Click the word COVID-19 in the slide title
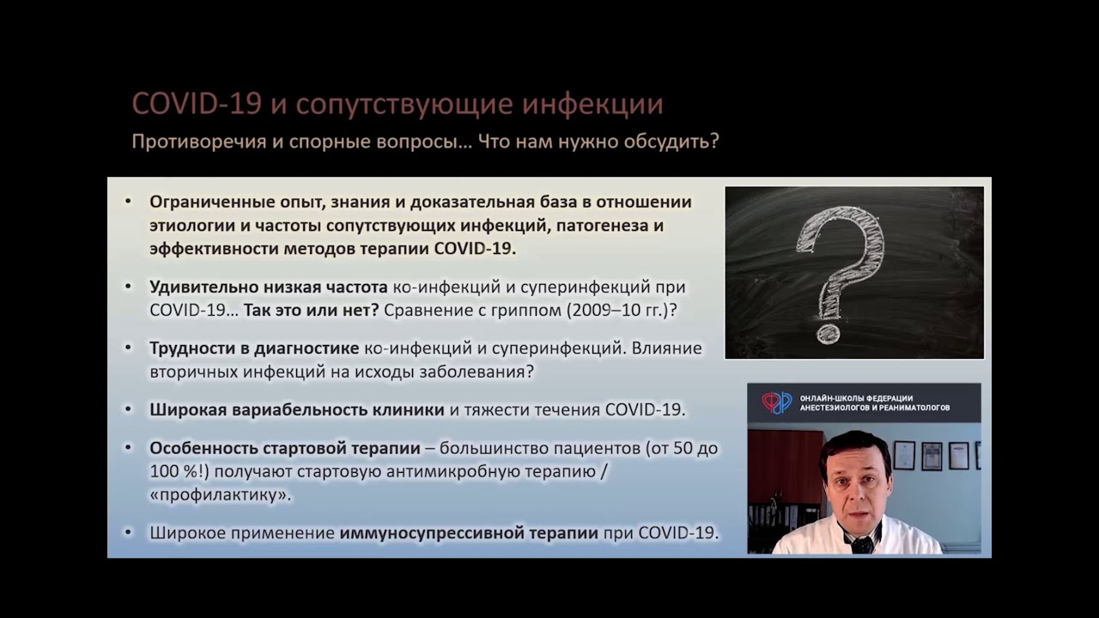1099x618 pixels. point(197,105)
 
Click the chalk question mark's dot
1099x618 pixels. point(829,333)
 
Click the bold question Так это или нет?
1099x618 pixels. point(311,310)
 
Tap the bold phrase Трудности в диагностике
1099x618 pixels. point(254,348)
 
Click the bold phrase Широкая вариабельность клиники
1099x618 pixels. point(297,409)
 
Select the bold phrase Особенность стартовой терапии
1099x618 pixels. point(285,449)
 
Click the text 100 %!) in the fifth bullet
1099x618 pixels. point(180,471)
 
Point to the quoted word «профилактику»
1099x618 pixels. point(221,495)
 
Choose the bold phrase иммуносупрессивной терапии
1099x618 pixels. point(469,533)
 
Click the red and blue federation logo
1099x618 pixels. point(777,403)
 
